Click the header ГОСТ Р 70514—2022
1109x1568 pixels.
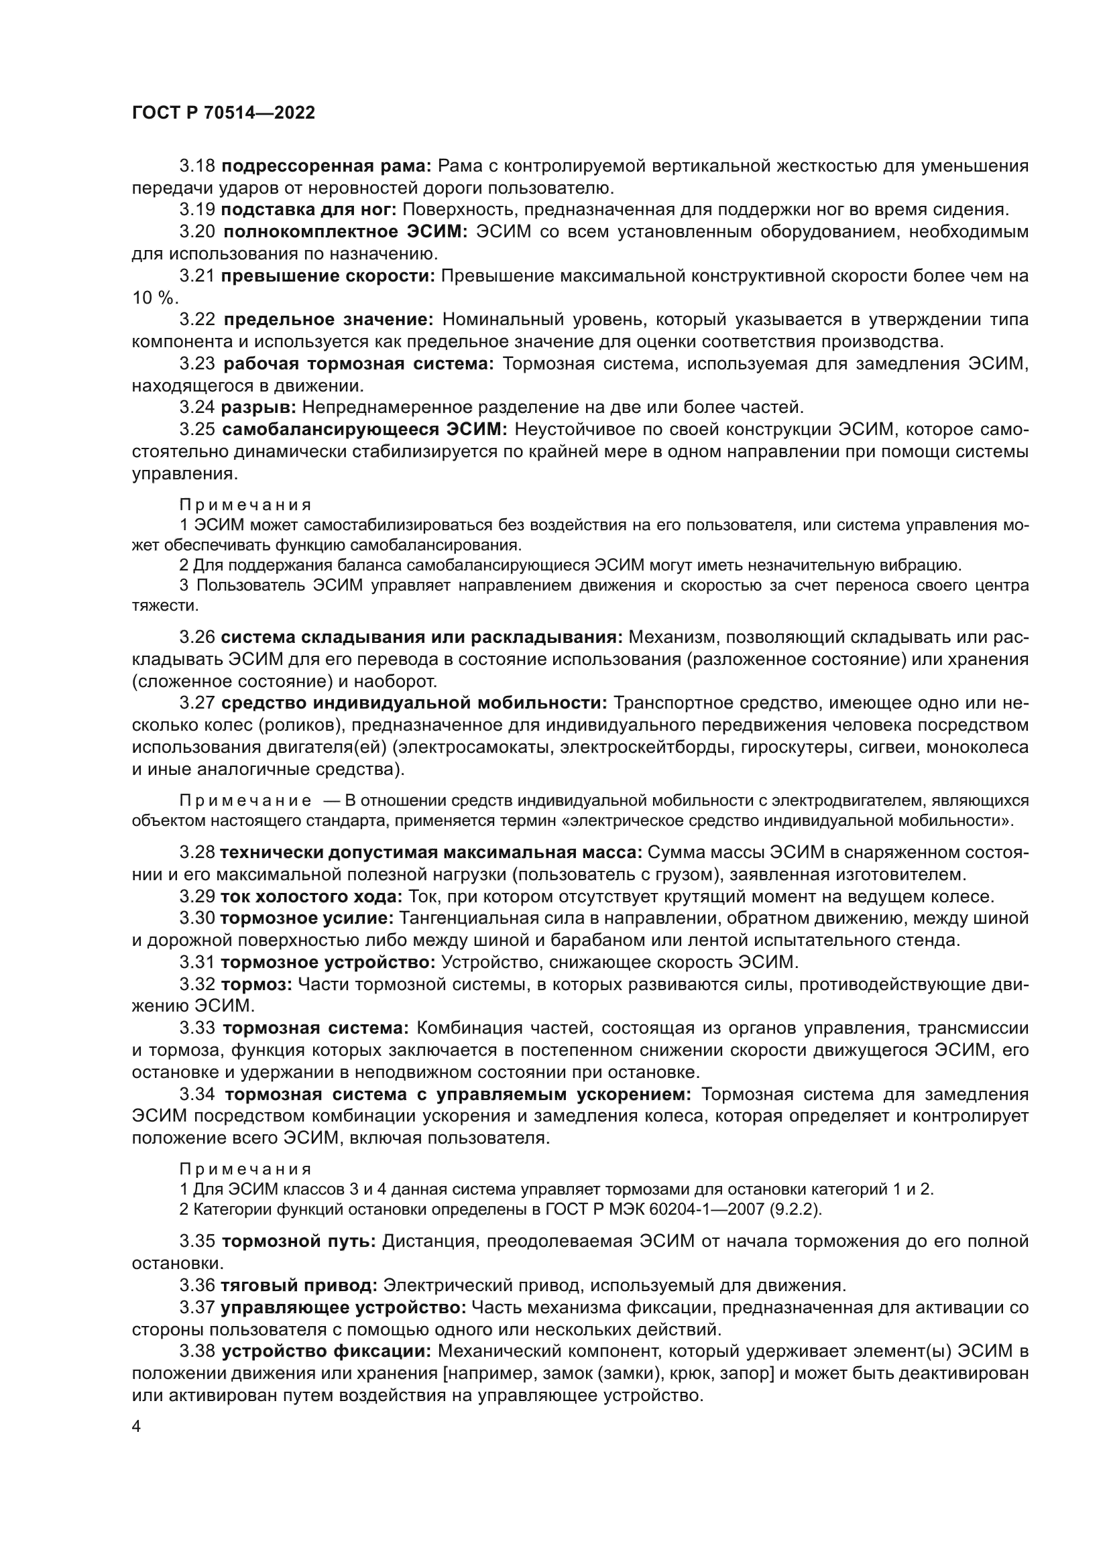(223, 113)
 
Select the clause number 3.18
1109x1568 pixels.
(197, 166)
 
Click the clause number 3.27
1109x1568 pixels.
(197, 703)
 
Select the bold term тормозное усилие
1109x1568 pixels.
(306, 918)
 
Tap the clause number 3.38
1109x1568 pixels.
(197, 1351)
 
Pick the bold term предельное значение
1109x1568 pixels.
(329, 320)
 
